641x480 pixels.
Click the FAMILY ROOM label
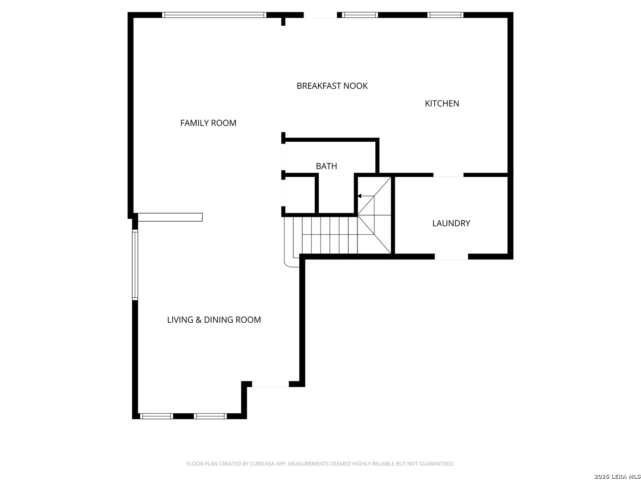[x=208, y=123]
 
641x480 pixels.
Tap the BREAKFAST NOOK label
[x=332, y=86]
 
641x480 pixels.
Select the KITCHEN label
[x=442, y=104]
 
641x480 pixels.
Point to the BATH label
[x=326, y=166]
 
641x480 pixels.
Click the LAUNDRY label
[x=451, y=223]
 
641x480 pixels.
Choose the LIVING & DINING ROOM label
[x=214, y=320]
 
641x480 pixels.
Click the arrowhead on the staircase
[x=360, y=196]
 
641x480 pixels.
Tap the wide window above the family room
[x=214, y=15]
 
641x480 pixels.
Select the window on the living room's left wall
[x=135, y=264]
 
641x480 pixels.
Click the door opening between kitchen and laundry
[x=448, y=175]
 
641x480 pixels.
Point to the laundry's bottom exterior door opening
[x=451, y=257]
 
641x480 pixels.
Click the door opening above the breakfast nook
[x=320, y=15]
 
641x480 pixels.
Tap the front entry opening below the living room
[x=270, y=384]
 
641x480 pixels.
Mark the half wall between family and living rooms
[x=170, y=217]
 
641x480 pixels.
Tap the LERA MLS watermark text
[x=617, y=476]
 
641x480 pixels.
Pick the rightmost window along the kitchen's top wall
[x=445, y=15]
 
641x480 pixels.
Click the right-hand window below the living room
[x=210, y=416]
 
